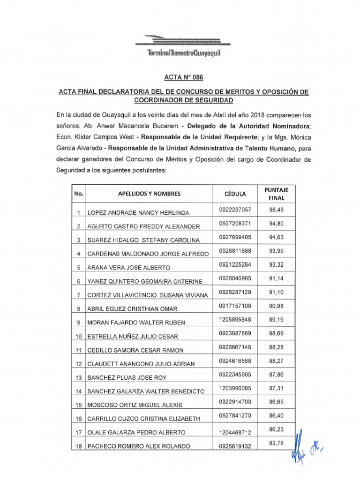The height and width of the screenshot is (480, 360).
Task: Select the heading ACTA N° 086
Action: coord(180,77)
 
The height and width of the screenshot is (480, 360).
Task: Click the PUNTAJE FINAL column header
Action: coord(276,194)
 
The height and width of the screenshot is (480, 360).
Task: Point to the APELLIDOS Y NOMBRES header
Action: coord(149,194)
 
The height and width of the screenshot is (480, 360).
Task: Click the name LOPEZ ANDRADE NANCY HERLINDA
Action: coord(138,213)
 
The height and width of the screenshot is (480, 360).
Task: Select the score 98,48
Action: coord(276,210)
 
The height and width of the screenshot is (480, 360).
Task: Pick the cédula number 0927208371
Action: coord(235,223)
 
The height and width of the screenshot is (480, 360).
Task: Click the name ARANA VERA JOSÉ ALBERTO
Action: coord(129,268)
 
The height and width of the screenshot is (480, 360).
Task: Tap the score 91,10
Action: coord(276,292)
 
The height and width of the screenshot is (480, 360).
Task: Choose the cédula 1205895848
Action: coord(235,320)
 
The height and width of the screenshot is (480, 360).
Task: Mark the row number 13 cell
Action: coord(79,377)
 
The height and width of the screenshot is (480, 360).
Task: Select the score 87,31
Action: coord(276,389)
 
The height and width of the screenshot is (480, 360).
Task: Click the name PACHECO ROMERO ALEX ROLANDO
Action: coord(139,446)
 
